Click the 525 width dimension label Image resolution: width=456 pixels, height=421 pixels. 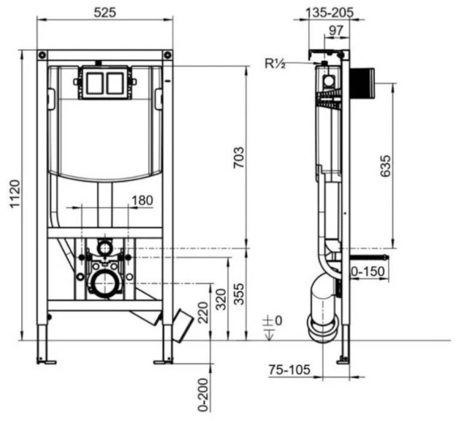pos(105,12)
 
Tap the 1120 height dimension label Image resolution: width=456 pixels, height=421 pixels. pos(15,194)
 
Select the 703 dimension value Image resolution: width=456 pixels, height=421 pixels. pos(240,157)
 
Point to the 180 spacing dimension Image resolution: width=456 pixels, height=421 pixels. pos(142,201)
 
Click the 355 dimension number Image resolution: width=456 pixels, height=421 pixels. pos(240,294)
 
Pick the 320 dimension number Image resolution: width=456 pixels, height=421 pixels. pos(221,299)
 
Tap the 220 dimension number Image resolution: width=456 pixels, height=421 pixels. pos(203,313)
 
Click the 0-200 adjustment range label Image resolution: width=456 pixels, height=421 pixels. pos(203,395)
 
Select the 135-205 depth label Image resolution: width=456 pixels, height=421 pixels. pos(330,12)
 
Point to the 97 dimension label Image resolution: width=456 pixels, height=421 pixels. pos(336,30)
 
